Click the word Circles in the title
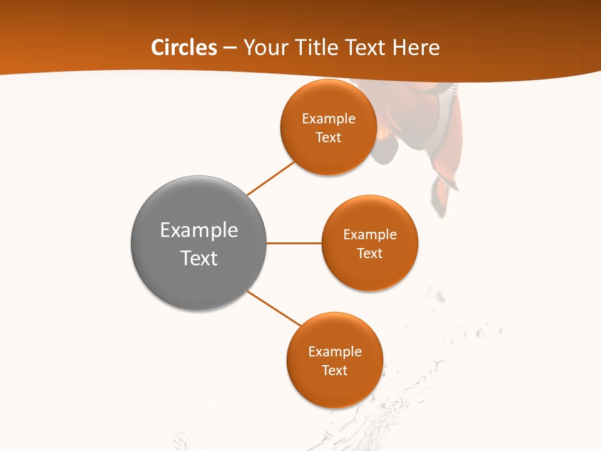pos(183,48)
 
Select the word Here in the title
pos(416,48)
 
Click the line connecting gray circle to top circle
pos(271,179)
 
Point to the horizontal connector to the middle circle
pos(294,243)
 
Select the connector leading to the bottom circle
pos(274,308)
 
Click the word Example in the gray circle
pos(199,231)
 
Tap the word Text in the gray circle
pos(199,258)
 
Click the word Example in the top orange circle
pos(329,119)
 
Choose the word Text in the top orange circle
pos(328,138)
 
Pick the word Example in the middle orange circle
pos(370,235)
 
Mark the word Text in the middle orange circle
pos(369,254)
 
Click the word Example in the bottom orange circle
pos(335,352)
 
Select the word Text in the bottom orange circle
pos(334,371)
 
